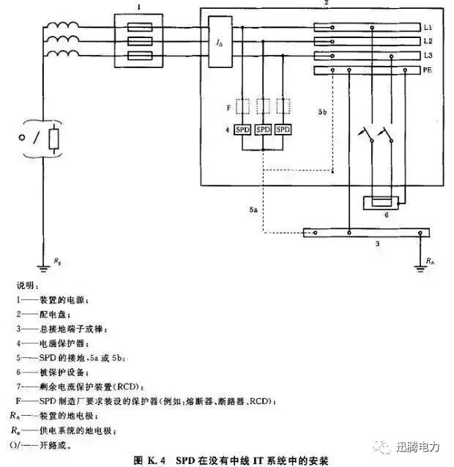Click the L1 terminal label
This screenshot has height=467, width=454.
point(429,27)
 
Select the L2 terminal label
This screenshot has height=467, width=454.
point(429,41)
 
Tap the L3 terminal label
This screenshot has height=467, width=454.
point(429,56)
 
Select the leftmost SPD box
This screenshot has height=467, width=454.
point(244,130)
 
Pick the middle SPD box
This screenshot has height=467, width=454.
point(263,130)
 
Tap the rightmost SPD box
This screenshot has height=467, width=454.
point(282,130)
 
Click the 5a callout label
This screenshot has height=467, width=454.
point(253,210)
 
